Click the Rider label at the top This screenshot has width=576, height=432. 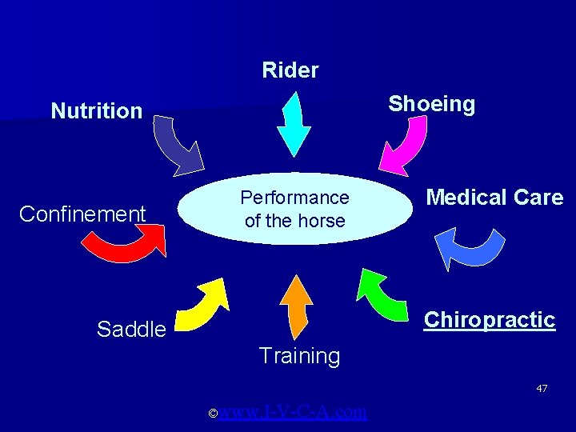pyautogui.click(x=290, y=70)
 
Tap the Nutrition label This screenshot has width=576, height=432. pyautogui.click(x=96, y=110)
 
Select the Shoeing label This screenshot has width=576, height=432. pyautogui.click(x=431, y=104)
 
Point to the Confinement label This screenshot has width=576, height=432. pyautogui.click(x=82, y=214)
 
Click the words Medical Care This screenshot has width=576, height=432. pyautogui.click(x=494, y=197)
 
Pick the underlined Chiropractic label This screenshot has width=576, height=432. pyautogui.click(x=489, y=320)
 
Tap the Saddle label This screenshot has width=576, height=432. pyautogui.click(x=131, y=329)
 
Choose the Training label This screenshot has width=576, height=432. pyautogui.click(x=299, y=356)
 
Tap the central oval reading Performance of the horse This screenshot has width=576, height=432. pyautogui.click(x=294, y=209)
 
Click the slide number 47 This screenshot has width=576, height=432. pyautogui.click(x=542, y=388)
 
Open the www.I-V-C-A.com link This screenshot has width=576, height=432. pyautogui.click(x=293, y=412)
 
